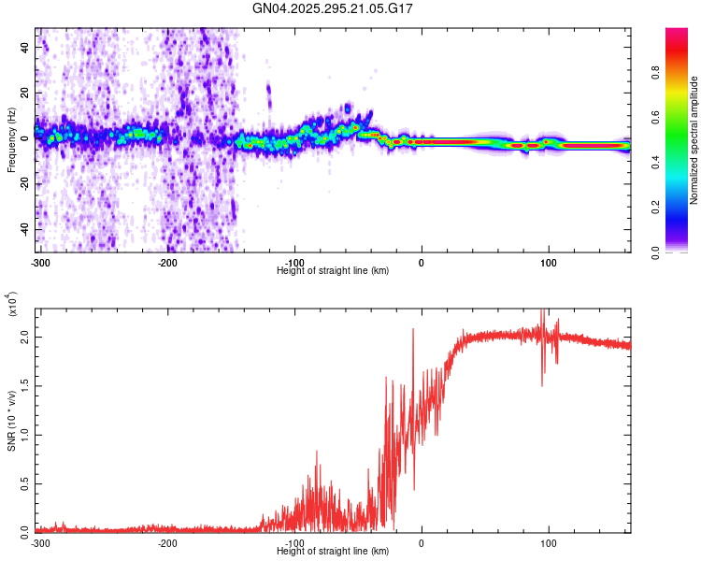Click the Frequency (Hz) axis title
click(11, 140)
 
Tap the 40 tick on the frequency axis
click(24, 46)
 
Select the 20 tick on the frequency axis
click(24, 92)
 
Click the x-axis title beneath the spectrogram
click(333, 270)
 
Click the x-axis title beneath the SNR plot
click(333, 551)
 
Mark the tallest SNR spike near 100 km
click(543, 312)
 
